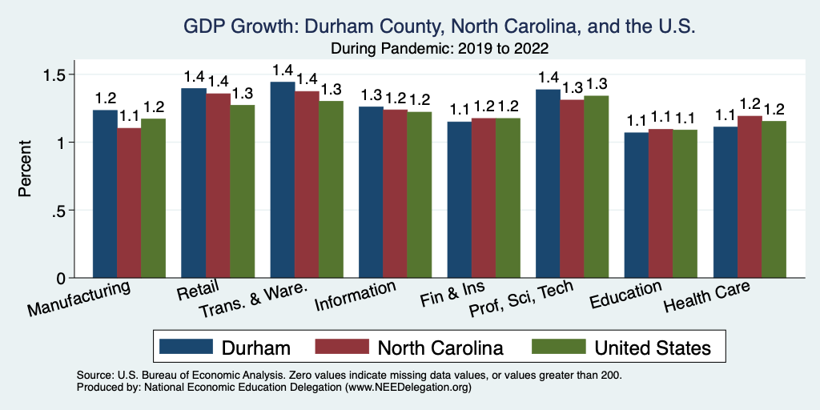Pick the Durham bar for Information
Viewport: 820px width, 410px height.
[371, 192]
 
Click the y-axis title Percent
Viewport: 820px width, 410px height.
[26, 170]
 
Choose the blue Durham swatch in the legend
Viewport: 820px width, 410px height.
[187, 347]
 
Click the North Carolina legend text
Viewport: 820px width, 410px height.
[440, 348]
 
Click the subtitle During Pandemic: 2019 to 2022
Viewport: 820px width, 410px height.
[440, 48]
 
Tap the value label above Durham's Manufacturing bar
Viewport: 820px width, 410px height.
[106, 98]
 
